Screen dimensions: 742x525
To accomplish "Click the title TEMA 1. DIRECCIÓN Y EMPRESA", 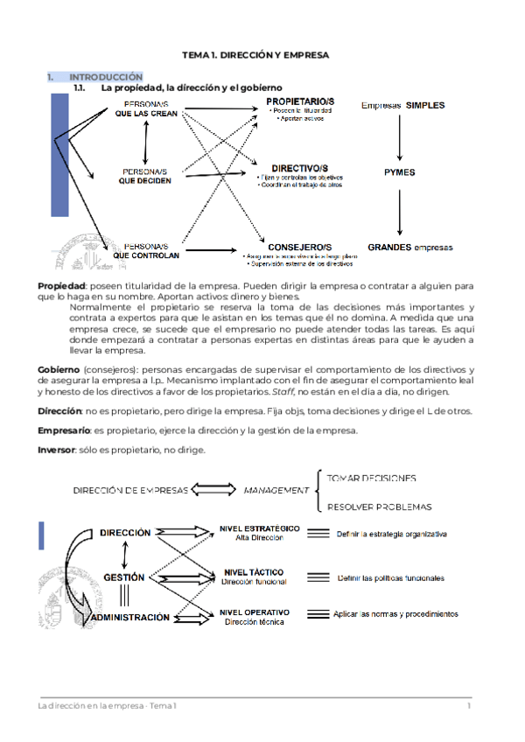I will pyautogui.click(x=255, y=55).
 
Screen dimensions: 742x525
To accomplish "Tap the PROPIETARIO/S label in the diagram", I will pyautogui.click(x=300, y=102).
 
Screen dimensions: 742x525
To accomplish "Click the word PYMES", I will pyautogui.click(x=399, y=172).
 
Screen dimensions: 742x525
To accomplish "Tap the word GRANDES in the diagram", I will pyautogui.click(x=389, y=248).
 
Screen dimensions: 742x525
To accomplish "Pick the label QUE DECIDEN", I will pyautogui.click(x=145, y=181).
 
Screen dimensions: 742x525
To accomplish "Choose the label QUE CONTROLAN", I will pyautogui.click(x=147, y=255).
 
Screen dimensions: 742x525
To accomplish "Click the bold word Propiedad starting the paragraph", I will pyautogui.click(x=60, y=287).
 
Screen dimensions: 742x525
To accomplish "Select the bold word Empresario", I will pyautogui.click(x=64, y=430).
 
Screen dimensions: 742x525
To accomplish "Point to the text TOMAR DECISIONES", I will pyautogui.click(x=371, y=479).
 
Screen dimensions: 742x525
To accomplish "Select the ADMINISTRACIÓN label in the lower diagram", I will pyautogui.click(x=130, y=617).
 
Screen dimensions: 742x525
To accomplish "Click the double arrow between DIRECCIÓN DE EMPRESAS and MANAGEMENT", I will pyautogui.click(x=213, y=491).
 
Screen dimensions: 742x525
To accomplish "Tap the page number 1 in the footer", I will pyautogui.click(x=469, y=706).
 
